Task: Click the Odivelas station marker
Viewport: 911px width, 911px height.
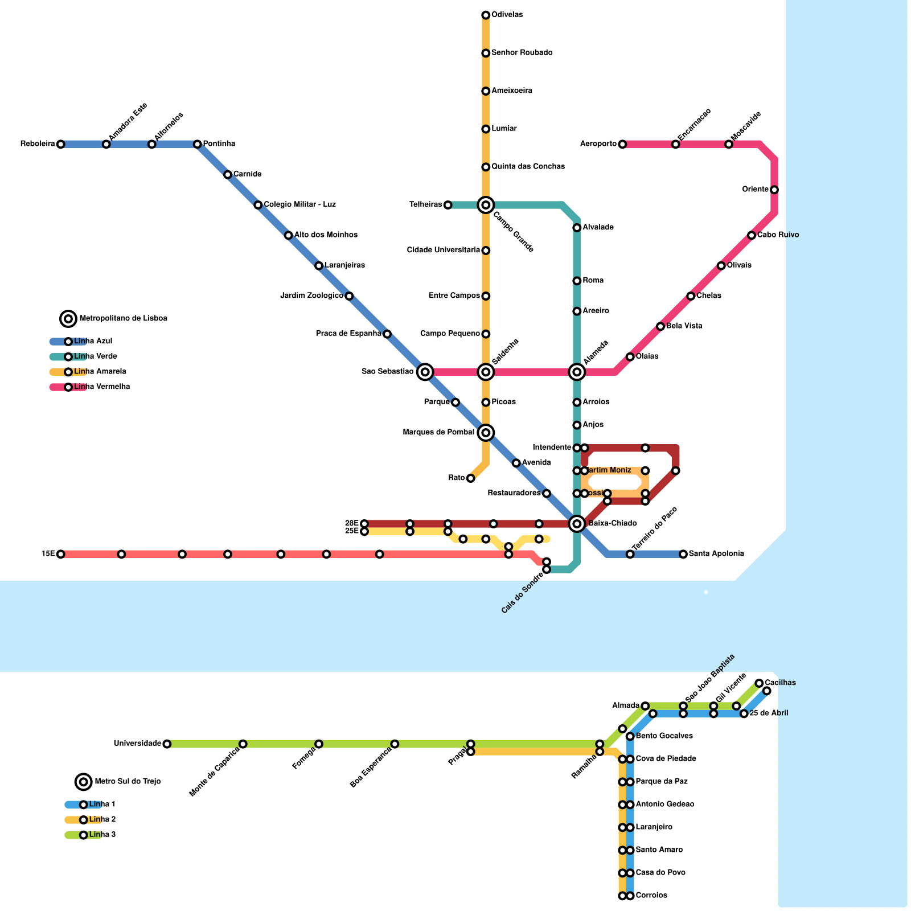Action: (x=486, y=15)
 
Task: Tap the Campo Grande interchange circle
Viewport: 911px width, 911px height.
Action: (x=486, y=205)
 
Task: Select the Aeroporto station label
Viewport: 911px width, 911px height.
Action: (x=598, y=144)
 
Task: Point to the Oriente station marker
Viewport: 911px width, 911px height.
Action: (x=774, y=190)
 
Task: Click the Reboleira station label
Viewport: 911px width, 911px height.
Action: (x=38, y=144)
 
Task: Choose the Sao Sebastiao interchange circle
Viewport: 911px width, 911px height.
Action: (x=425, y=372)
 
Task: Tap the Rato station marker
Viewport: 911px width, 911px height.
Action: (x=470, y=478)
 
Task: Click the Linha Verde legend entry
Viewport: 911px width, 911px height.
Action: (x=95, y=356)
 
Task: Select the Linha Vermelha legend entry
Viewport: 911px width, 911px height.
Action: (x=101, y=387)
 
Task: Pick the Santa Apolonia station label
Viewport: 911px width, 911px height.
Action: (x=716, y=554)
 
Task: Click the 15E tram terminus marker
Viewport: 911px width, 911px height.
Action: (x=61, y=554)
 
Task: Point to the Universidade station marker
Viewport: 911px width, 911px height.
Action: (x=167, y=744)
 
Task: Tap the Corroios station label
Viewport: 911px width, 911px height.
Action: (x=651, y=896)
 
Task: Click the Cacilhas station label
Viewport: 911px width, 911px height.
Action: (x=780, y=683)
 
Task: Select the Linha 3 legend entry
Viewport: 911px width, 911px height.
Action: (x=102, y=835)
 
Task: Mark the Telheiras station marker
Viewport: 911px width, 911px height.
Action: (x=448, y=205)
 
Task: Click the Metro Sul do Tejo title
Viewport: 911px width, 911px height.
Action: (x=128, y=782)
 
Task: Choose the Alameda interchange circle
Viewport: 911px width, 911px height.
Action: (x=577, y=372)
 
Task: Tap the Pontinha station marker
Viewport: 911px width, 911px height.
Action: (x=197, y=144)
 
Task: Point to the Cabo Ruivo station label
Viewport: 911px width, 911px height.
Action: (x=778, y=235)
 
